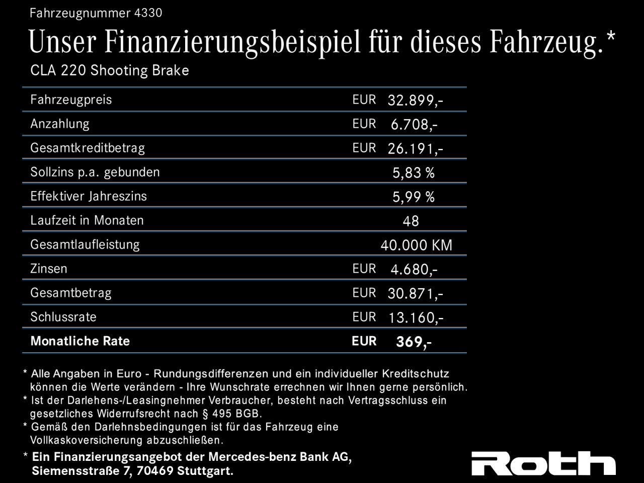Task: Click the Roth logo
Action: (x=543, y=463)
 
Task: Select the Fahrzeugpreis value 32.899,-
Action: (x=415, y=101)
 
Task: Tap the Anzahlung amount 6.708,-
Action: (x=414, y=125)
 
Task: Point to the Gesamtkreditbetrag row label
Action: (x=88, y=148)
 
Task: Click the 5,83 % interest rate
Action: (x=413, y=173)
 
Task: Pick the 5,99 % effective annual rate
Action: (x=413, y=197)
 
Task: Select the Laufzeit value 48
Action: (x=411, y=221)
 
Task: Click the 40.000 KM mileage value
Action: (x=416, y=246)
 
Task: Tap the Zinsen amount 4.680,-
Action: (x=414, y=270)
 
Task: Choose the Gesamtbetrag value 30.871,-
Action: (x=415, y=294)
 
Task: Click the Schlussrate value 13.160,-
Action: (x=415, y=318)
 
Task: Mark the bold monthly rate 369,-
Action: (x=414, y=342)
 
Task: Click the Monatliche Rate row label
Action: (x=80, y=341)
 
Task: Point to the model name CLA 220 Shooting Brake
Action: (x=110, y=70)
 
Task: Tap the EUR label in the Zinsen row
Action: (x=364, y=269)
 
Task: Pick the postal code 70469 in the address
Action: (x=155, y=471)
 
